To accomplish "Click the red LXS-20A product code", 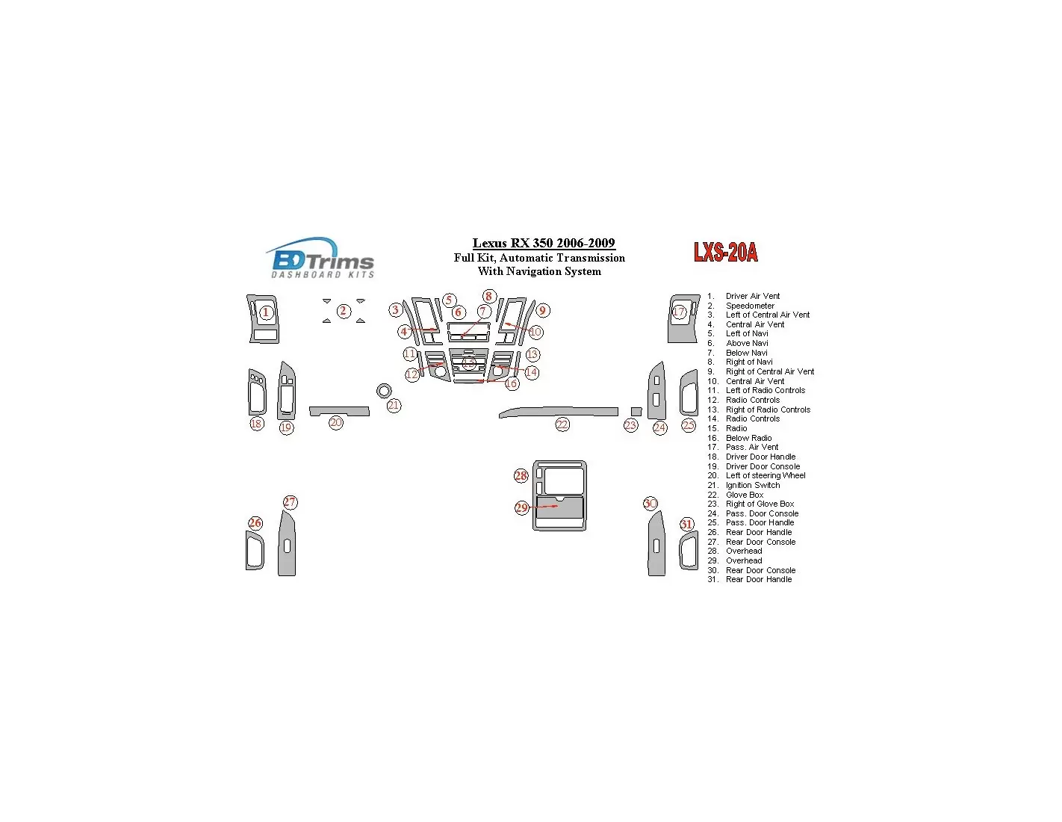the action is tap(725, 253).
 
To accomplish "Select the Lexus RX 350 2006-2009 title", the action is tap(544, 243).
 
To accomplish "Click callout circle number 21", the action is tap(394, 405).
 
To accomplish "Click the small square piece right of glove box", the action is tap(636, 411).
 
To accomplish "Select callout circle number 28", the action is tap(521, 476).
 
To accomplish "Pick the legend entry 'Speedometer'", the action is tap(750, 306).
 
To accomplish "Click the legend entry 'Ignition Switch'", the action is tap(753, 485).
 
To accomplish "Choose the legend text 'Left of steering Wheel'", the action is tap(766, 475).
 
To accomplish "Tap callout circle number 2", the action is tap(344, 311).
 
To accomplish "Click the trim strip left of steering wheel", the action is tap(339, 411).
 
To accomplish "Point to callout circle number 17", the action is tap(679, 312).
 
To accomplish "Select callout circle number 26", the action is tap(255, 523).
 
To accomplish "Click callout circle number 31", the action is tap(686, 524).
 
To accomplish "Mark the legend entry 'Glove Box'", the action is tap(745, 495).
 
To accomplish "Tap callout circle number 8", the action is tap(488, 296).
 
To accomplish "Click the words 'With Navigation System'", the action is tap(539, 271).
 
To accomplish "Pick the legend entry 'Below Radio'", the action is tap(749, 438).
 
